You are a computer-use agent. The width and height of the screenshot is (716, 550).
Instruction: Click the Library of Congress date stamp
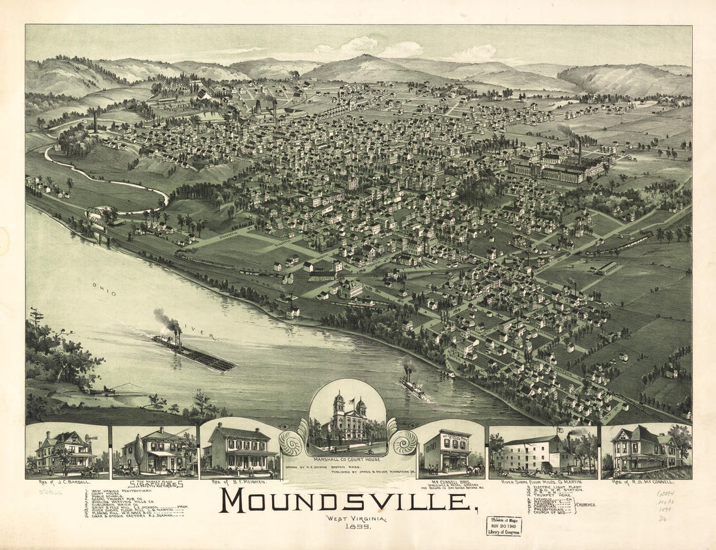(503, 525)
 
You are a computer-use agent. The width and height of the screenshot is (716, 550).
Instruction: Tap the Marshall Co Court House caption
(348, 459)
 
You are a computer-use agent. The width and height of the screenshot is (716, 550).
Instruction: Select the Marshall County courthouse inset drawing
(348, 420)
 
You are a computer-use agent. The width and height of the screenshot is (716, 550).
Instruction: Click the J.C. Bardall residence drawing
(66, 451)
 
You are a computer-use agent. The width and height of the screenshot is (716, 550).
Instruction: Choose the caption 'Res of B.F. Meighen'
(240, 482)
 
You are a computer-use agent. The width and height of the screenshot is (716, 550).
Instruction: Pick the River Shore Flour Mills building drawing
(534, 452)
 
